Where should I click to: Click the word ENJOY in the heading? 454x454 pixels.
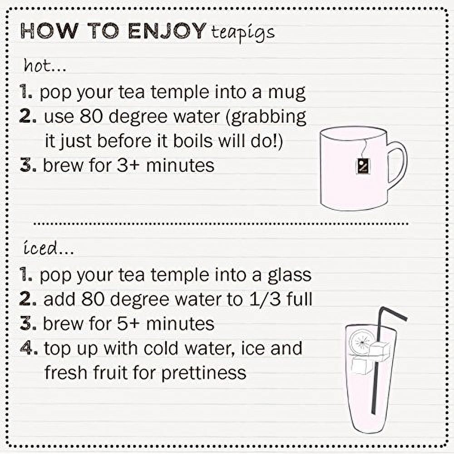pos(167,31)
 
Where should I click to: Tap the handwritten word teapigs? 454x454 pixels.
pos(242,33)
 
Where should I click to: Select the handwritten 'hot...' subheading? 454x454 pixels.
pos(45,65)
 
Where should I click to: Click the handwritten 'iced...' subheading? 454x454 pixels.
pos(49,248)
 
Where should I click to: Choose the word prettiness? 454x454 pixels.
pos(203,372)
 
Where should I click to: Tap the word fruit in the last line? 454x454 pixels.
pos(110,372)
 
